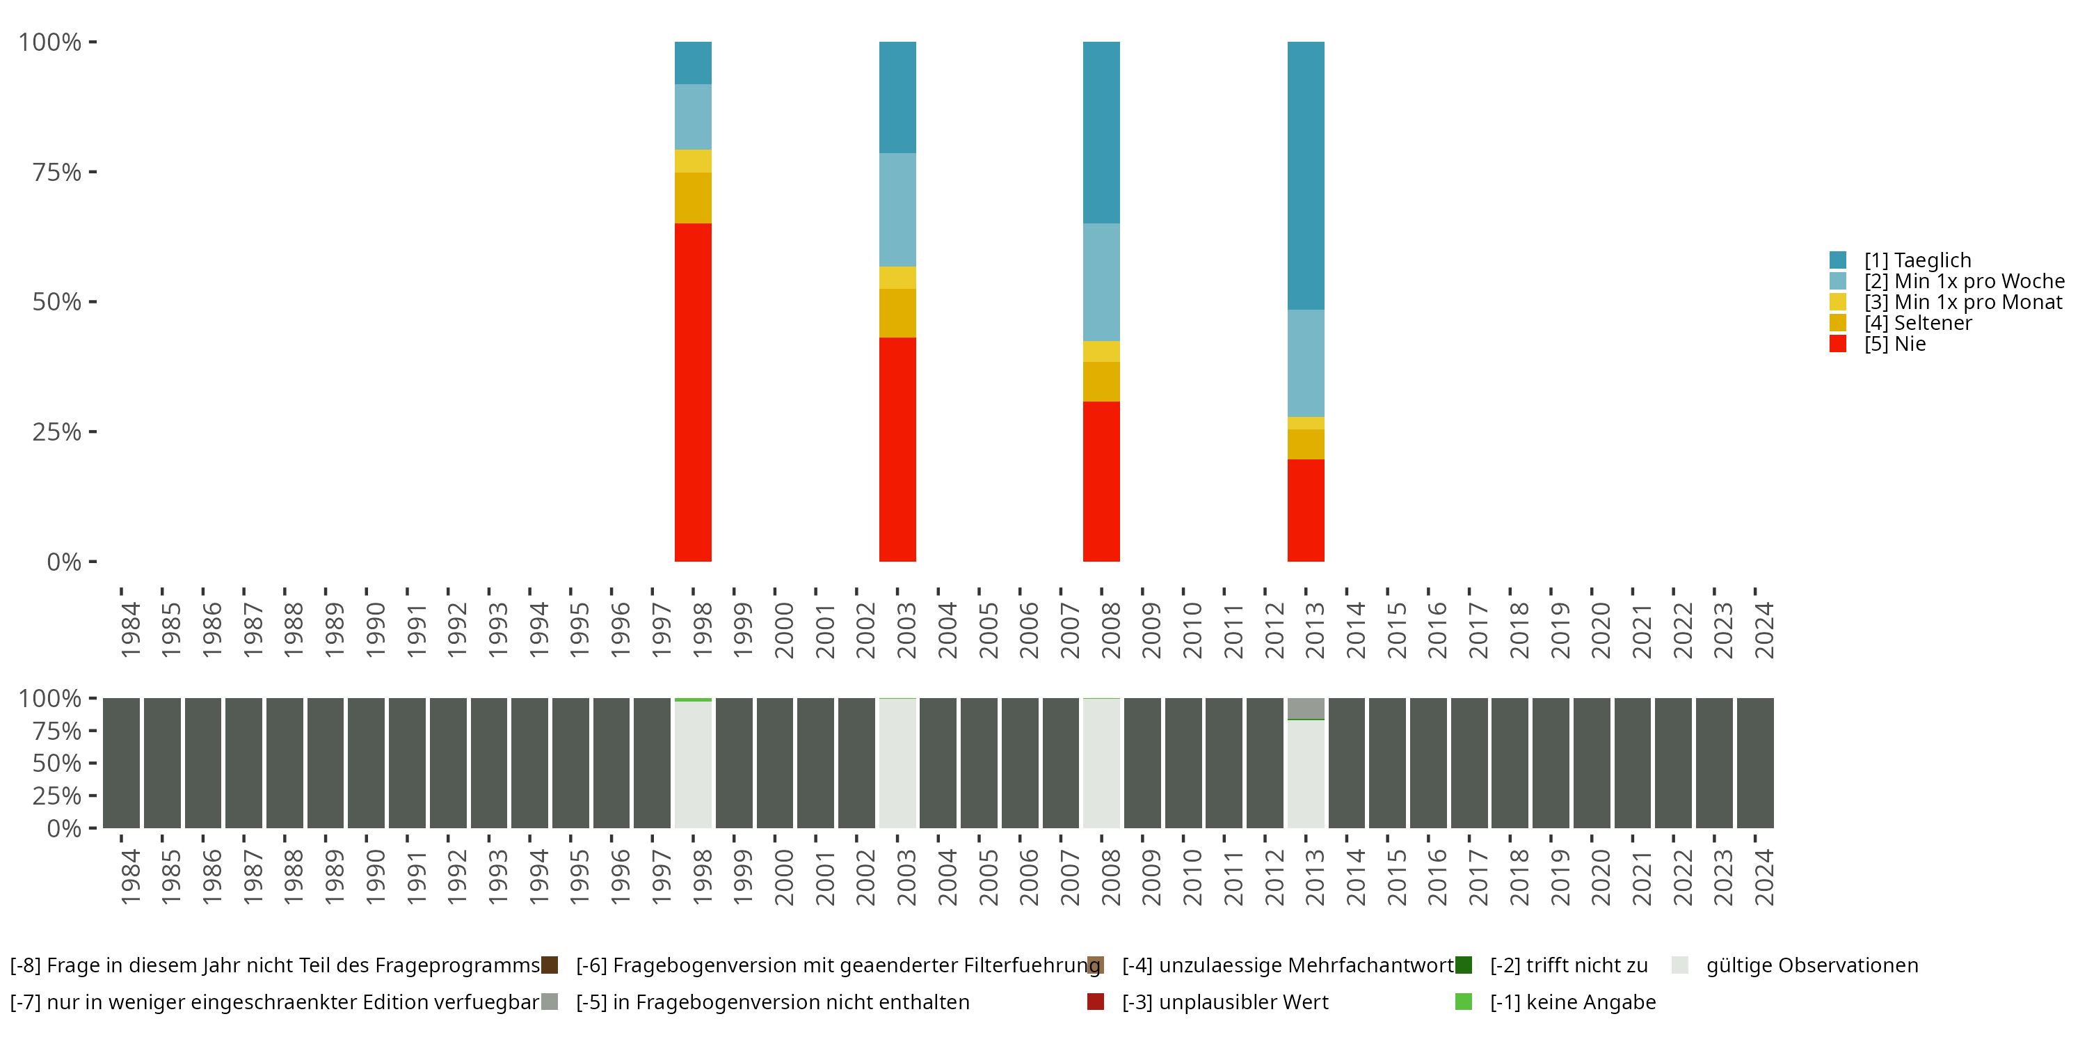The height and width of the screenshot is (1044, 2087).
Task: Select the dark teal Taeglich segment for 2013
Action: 1305,175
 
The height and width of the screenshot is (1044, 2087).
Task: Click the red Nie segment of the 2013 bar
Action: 1305,510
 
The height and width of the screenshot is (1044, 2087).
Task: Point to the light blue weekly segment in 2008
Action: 1101,281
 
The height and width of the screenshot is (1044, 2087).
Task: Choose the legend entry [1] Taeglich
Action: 1917,260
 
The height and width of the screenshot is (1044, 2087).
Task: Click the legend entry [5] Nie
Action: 1894,344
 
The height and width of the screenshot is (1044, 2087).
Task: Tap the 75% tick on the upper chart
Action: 57,172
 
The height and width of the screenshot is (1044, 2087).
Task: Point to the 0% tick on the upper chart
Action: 64,562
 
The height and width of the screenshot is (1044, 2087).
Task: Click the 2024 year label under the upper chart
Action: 1764,630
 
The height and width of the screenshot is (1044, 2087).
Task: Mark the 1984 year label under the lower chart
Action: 129,877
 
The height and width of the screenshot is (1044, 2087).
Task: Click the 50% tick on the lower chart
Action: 57,764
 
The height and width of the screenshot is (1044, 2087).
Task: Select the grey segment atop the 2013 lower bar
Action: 1305,708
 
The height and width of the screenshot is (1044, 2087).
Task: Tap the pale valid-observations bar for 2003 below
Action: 897,764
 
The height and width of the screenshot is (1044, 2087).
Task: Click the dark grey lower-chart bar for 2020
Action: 1591,764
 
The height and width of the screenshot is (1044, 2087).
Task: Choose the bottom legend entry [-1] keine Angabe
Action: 1572,1002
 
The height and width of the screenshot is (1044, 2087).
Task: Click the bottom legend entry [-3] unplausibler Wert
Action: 1224,1002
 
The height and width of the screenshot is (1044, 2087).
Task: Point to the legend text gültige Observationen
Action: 1812,965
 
